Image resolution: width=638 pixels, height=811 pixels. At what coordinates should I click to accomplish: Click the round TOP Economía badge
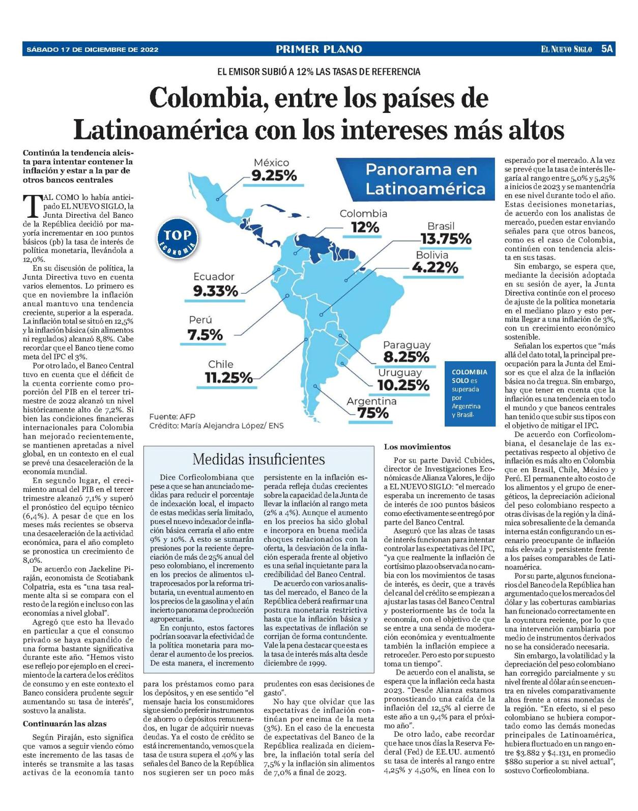[x=177, y=239]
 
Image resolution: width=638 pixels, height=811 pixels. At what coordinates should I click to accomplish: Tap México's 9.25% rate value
[x=274, y=176]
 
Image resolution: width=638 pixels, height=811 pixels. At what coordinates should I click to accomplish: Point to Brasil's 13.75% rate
[x=446, y=239]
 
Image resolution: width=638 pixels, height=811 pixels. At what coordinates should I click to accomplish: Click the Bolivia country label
[x=432, y=255]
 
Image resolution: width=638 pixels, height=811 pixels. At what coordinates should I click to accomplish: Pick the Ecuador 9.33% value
[x=216, y=291]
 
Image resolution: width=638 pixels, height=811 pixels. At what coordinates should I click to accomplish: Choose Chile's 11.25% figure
[x=229, y=378]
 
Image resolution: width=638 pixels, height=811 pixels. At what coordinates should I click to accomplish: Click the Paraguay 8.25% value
[x=406, y=357]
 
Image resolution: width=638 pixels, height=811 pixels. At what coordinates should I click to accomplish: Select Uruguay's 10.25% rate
[x=403, y=385]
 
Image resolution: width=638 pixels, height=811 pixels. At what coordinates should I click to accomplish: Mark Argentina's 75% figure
[x=373, y=414]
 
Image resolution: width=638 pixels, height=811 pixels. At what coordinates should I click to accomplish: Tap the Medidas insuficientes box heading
[x=258, y=459]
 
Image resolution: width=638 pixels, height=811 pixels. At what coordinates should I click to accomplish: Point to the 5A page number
[x=607, y=49]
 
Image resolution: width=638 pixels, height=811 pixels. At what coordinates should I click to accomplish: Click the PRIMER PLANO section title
[x=319, y=49]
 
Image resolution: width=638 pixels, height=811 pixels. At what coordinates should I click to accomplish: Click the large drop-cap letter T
[x=31, y=206]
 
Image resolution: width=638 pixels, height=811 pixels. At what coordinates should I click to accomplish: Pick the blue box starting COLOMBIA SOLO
[x=470, y=393]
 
